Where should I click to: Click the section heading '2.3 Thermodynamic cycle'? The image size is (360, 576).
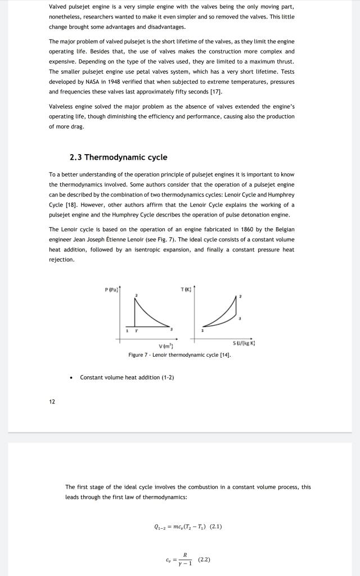click(118, 157)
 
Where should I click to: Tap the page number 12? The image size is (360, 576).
click(52, 402)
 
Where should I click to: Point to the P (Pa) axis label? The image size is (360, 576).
click(110, 290)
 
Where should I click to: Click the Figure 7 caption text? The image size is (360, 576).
click(179, 355)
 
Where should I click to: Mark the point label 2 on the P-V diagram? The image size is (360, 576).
click(135, 295)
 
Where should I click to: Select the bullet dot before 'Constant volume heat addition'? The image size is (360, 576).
click(70, 377)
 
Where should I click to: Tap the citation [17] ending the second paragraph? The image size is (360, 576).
click(217, 91)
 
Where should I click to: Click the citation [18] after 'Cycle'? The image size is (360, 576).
click(72, 205)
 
